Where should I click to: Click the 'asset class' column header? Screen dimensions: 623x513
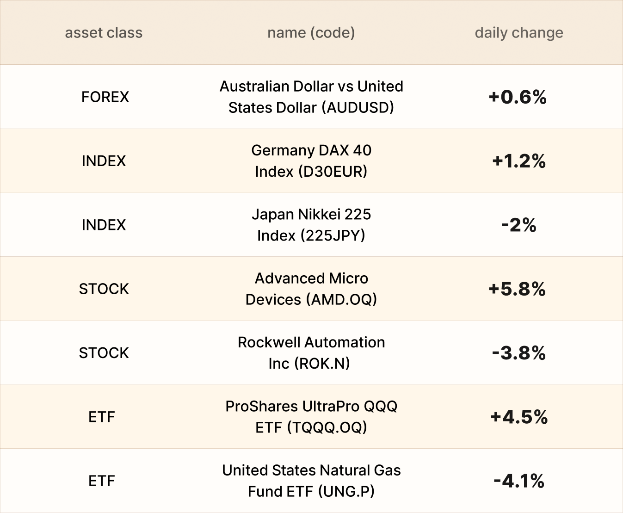[104, 32]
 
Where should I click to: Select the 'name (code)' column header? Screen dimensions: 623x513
[311, 33]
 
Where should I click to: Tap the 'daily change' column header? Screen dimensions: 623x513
[519, 33]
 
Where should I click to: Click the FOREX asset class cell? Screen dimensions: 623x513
[105, 97]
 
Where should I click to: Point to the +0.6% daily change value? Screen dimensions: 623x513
[518, 97]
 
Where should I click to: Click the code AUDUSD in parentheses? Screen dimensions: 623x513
[358, 108]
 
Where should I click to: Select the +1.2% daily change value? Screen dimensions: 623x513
[519, 161]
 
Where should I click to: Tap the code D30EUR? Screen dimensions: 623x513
[333, 172]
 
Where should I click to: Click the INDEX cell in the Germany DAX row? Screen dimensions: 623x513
[104, 161]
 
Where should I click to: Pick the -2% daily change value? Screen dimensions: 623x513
[519, 225]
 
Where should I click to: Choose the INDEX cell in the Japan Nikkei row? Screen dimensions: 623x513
[104, 225]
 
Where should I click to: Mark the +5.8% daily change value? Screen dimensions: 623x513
[517, 289]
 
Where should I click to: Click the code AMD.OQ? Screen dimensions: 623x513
[341, 300]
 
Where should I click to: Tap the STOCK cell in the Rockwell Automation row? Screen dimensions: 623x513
[104, 353]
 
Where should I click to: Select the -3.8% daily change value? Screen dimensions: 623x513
[519, 353]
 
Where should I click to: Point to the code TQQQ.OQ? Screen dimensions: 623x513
[327, 427]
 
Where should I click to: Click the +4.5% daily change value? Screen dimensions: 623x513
[519, 417]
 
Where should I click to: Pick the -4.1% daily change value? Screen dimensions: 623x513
[519, 481]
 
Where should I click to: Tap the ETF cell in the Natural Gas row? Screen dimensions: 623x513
[102, 481]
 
